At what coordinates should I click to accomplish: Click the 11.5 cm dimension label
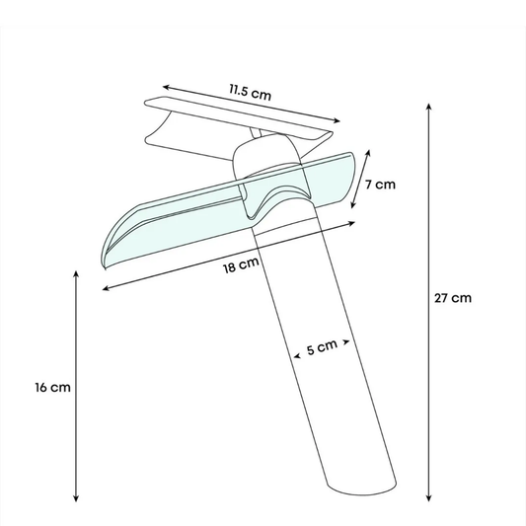coord(250,92)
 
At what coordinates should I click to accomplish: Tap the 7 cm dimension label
coord(380,185)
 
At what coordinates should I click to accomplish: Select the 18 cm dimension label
coord(241,265)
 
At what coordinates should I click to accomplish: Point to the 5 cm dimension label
coord(322,347)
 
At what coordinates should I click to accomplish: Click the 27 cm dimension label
coord(453,298)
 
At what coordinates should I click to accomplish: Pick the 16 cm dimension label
coord(53,388)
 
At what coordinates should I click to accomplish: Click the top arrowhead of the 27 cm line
coord(428,107)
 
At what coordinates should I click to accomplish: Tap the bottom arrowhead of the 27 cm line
coord(428,498)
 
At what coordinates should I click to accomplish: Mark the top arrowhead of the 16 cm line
coord(76,273)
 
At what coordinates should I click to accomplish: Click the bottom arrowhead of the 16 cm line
coord(76,498)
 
